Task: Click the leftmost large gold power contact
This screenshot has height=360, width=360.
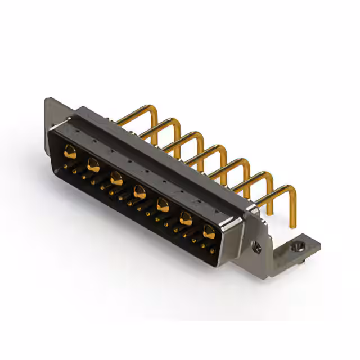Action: (70, 151)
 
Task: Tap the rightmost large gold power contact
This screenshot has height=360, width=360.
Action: (209, 229)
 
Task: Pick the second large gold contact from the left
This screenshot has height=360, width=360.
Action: (93, 164)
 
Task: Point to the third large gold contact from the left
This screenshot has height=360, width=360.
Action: (116, 178)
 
